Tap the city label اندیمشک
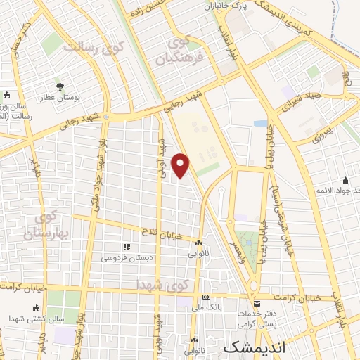(x=251, y=348)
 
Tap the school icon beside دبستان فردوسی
(x=127, y=247)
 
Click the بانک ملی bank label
(x=210, y=308)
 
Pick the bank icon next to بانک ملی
(x=206, y=297)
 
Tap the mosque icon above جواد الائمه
(x=345, y=180)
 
